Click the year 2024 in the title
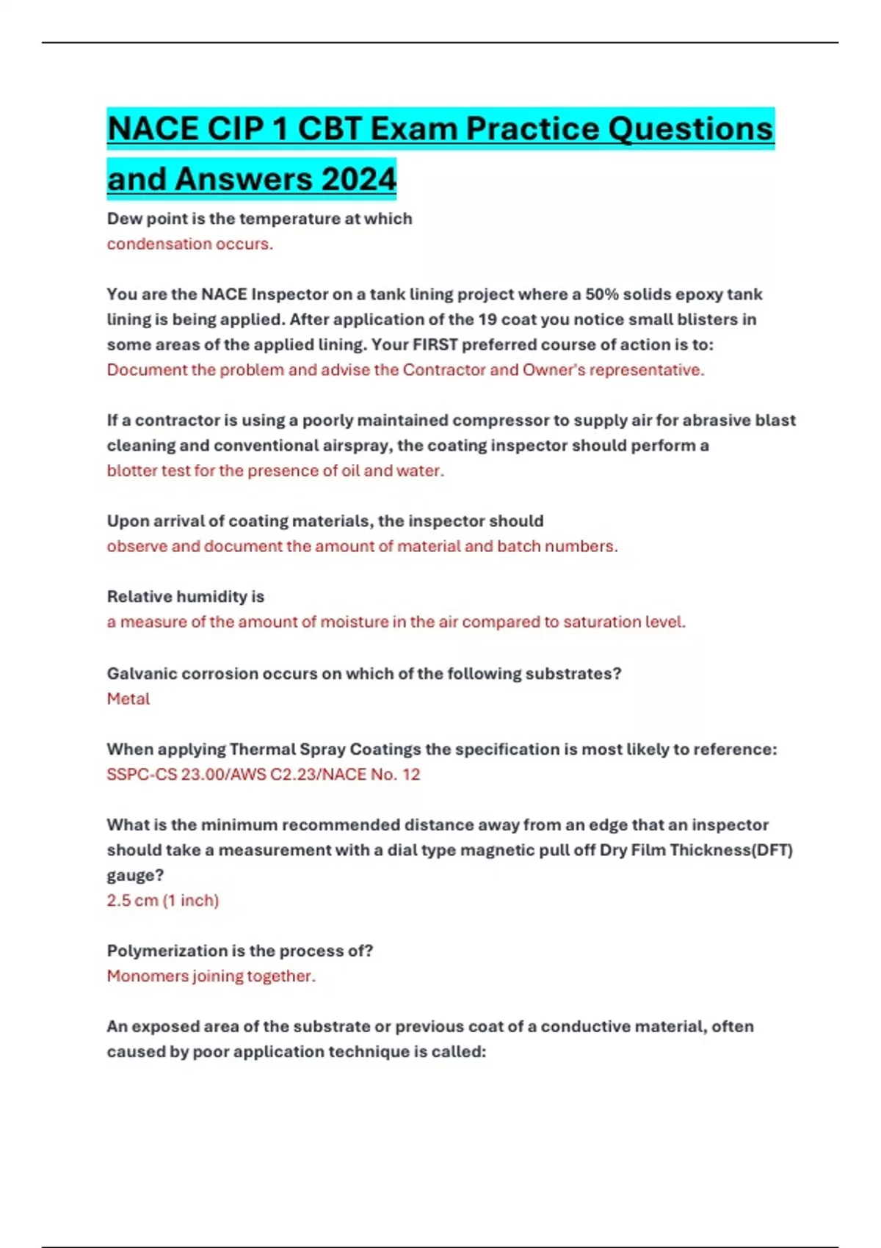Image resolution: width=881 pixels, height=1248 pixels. coord(358,178)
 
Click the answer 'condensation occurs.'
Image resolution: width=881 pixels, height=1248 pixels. coord(189,244)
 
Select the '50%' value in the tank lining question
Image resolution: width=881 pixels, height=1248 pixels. coord(602,294)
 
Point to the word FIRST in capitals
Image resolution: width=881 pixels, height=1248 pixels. coord(436,344)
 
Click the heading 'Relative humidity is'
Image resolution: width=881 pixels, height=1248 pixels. coord(185,596)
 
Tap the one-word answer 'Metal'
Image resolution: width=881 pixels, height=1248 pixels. coord(128,699)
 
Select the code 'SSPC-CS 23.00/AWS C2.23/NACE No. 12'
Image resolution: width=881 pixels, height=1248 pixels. coord(264,774)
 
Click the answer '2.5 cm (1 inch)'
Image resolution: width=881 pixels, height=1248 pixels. coord(163,900)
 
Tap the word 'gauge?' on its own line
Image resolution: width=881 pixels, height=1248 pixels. coord(135,875)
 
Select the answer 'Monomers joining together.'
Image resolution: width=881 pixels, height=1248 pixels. coord(211,976)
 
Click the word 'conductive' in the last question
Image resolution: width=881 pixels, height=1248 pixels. coord(584,1026)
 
